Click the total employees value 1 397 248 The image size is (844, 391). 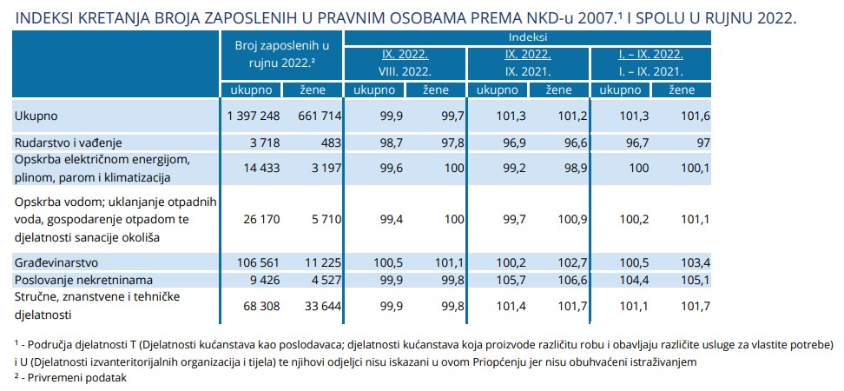[252, 116]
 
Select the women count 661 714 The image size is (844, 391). [316, 116]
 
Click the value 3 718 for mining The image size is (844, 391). [263, 141]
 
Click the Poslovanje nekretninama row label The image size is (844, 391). [84, 279]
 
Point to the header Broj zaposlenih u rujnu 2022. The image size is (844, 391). [281, 53]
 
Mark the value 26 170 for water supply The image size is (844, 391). [260, 219]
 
